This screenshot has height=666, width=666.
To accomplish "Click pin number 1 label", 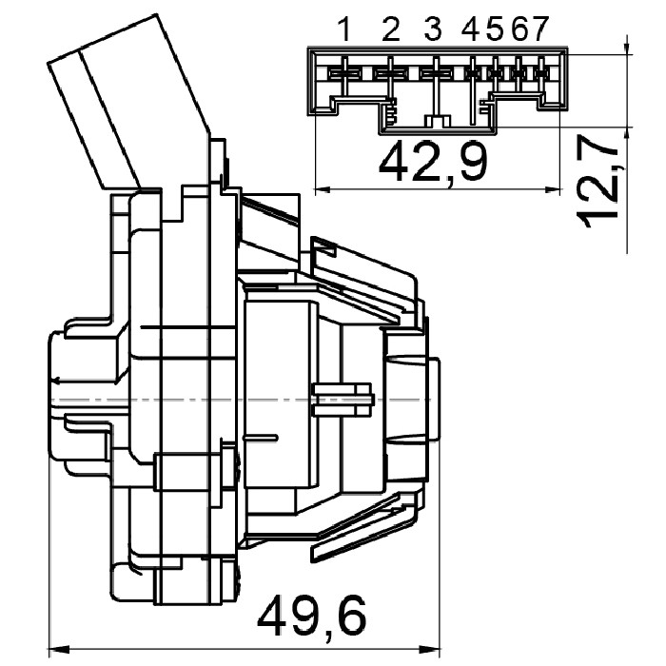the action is (x=345, y=29).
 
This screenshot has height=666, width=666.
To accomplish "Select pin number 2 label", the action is (x=390, y=29).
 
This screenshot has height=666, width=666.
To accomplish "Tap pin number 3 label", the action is (x=433, y=29).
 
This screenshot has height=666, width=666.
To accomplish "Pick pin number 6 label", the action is (x=519, y=29).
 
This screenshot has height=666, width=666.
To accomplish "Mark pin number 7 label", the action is (x=539, y=29).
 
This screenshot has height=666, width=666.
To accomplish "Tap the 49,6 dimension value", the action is (x=312, y=615).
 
